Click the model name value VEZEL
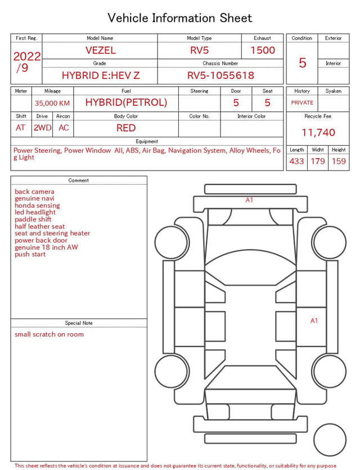tap(101, 50)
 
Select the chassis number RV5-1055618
tap(220, 75)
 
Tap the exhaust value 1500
tap(263, 50)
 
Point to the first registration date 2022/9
tap(26, 62)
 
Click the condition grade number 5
tap(303, 62)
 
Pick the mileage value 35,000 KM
tap(52, 104)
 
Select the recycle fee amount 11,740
tap(318, 132)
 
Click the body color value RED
tap(126, 128)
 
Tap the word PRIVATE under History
tap(302, 102)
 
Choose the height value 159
tap(339, 161)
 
